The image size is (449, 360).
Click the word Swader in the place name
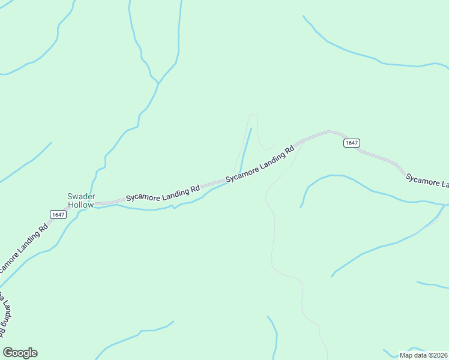click(x=80, y=196)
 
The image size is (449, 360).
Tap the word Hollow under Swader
click(x=80, y=205)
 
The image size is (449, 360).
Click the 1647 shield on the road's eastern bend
click(x=352, y=143)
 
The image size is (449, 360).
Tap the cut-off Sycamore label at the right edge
click(x=427, y=181)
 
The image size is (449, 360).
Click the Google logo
click(x=20, y=353)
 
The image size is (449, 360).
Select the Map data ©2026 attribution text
click(x=423, y=355)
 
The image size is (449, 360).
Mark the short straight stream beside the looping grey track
click(x=246, y=150)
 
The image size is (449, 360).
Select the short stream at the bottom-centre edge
click(x=275, y=336)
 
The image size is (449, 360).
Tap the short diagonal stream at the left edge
click(x=27, y=162)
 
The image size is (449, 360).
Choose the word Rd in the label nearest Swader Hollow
click(x=194, y=189)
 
